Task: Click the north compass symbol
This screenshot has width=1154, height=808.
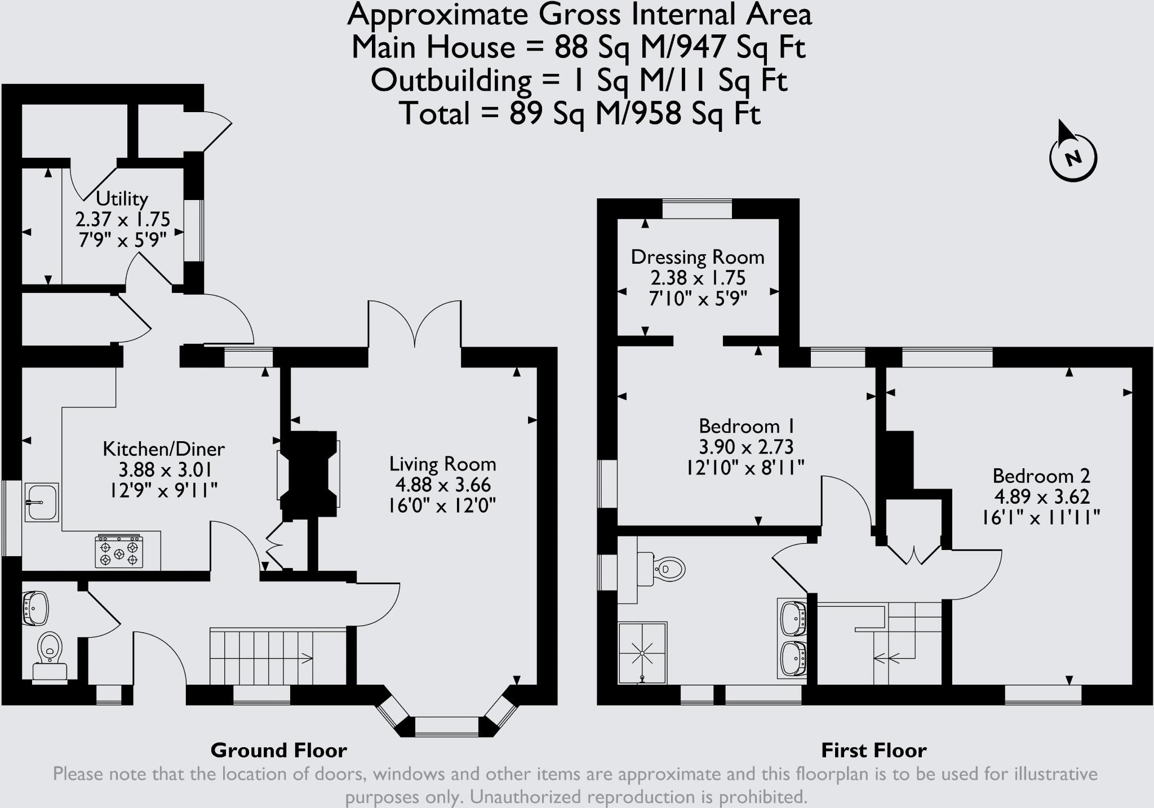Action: click(x=1073, y=158)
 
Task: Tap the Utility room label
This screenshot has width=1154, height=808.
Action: click(x=122, y=198)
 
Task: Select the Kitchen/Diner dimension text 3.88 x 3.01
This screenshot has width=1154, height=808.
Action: click(x=165, y=469)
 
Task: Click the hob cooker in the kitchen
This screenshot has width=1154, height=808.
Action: click(x=119, y=552)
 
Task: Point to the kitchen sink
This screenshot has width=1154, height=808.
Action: click(x=41, y=501)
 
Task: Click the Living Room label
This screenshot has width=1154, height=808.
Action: click(x=442, y=464)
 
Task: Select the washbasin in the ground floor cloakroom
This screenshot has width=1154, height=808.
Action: click(x=35, y=608)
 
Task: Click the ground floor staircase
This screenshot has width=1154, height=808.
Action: click(x=262, y=657)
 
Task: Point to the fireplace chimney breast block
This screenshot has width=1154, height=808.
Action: click(x=309, y=474)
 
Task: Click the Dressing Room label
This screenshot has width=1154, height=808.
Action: click(x=697, y=257)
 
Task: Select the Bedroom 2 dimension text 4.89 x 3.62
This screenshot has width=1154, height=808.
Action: click(x=1041, y=496)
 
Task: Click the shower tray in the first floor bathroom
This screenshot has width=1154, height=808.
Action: click(x=642, y=653)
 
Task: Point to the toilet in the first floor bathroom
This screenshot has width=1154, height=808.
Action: click(x=665, y=569)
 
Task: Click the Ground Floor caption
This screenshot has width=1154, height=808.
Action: click(x=278, y=750)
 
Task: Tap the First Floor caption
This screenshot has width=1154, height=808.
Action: click(x=873, y=750)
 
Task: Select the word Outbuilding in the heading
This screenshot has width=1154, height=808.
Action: click(x=451, y=81)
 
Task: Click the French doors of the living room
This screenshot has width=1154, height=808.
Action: click(x=415, y=324)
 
